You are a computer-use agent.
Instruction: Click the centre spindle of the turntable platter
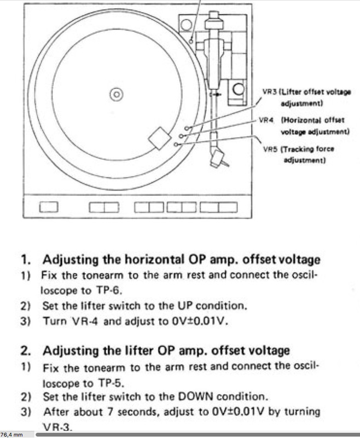(x=116, y=94)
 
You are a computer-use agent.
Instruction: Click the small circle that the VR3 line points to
(x=187, y=128)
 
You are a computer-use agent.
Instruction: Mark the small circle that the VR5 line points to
(x=176, y=144)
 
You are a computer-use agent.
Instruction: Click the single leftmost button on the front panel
(x=49, y=207)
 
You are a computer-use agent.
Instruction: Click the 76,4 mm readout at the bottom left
(x=12, y=434)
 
